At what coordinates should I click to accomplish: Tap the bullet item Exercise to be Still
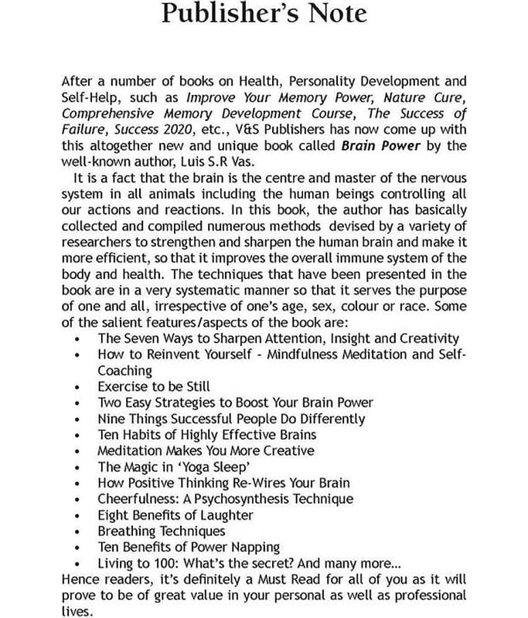click(x=154, y=386)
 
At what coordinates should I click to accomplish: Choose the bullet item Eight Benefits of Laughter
click(x=175, y=514)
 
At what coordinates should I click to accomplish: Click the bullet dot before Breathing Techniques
click(x=80, y=531)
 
